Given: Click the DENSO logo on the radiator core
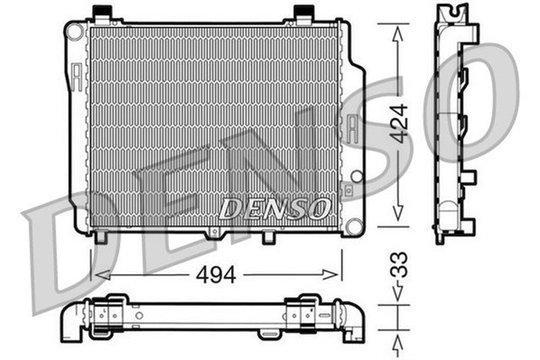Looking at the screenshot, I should (x=273, y=207).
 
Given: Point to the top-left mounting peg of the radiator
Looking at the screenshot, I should (x=104, y=13).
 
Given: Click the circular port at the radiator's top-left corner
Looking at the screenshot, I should (x=75, y=31).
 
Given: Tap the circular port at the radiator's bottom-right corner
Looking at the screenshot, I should (x=354, y=225).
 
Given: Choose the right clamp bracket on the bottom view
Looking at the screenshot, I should (x=305, y=311).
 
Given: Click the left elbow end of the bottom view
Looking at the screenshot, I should (x=69, y=324).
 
